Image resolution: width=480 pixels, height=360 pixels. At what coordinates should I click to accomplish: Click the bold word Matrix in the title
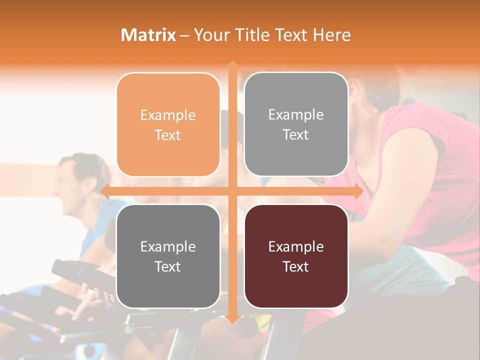click(x=148, y=35)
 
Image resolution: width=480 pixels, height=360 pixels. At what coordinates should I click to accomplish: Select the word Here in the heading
click(x=331, y=35)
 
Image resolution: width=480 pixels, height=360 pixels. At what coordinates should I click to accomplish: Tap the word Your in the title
click(x=211, y=35)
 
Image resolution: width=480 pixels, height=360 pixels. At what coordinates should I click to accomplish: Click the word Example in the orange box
click(x=168, y=115)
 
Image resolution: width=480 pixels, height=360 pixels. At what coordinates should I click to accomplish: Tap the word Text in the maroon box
click(x=296, y=266)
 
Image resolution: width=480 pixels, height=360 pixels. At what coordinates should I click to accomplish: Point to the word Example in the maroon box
click(x=296, y=246)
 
